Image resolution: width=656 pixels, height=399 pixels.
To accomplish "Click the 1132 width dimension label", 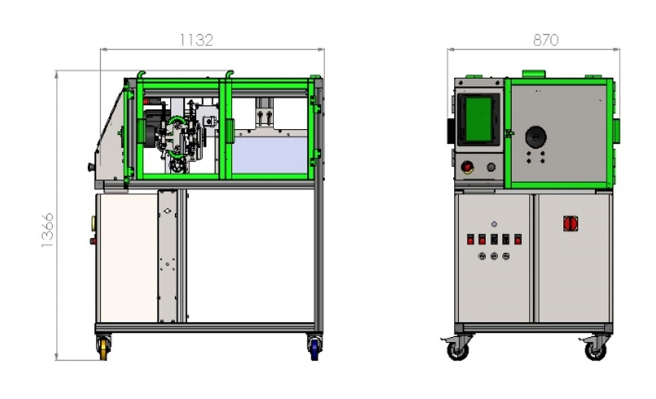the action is coord(196,40).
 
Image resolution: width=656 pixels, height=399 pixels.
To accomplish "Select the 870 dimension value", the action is coord(546,40).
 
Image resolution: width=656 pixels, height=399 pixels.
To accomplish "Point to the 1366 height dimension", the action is coord(47,230).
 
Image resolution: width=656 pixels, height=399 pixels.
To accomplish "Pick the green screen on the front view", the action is coord(478,119).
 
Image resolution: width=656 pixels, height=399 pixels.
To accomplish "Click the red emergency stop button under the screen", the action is coord(467,167).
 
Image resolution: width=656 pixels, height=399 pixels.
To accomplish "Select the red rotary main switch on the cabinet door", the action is coord(570,223).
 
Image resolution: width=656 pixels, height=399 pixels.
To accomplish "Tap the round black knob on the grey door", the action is coord(535,137).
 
